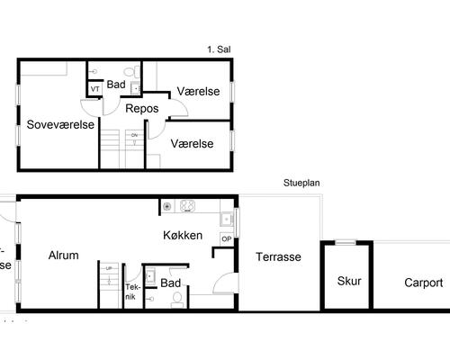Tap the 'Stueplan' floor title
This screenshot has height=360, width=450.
[302, 182]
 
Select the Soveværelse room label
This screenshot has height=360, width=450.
[60, 124]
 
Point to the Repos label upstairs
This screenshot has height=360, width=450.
[142, 108]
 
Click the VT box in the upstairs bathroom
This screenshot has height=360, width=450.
[94, 89]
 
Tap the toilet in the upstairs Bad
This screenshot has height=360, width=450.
[130, 70]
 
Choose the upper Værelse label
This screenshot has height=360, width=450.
[198, 92]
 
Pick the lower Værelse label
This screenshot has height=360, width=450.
[192, 143]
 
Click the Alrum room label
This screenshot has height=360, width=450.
[63, 256]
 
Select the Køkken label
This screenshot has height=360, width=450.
[183, 237]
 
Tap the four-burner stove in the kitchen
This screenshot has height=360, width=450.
[189, 206]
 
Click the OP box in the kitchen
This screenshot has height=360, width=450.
[226, 238]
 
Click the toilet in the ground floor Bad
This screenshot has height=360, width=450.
[177, 297]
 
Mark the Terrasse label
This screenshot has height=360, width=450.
[278, 257]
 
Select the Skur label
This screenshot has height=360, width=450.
[349, 281]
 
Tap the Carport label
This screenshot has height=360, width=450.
[423, 283]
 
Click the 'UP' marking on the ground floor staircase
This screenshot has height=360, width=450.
[109, 269]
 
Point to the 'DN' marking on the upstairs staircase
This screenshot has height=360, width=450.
[134, 135]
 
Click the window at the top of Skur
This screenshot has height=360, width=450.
[346, 242]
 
